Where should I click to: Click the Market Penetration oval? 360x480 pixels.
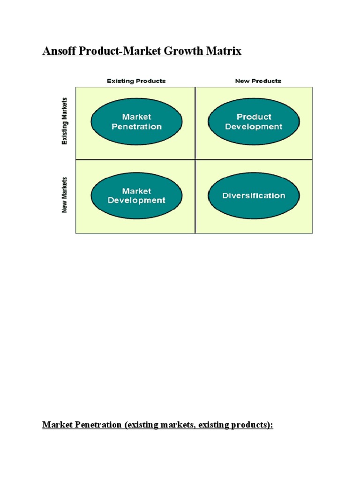point(136,121)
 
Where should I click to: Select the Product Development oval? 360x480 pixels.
point(254,121)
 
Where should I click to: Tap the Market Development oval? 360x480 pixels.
point(136,196)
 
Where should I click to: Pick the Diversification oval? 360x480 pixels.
point(254,196)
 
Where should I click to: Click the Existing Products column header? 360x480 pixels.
point(136,81)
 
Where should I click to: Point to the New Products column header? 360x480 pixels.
point(258,81)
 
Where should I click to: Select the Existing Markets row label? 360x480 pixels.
point(65,121)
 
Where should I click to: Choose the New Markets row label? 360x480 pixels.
point(65,195)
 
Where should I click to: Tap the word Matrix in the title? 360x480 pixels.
point(226,51)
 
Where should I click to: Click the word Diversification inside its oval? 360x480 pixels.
point(254,196)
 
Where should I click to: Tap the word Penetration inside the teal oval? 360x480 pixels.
point(136,127)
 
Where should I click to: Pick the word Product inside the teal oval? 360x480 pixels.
point(254,117)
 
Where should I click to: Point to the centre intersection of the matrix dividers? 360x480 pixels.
point(195,159)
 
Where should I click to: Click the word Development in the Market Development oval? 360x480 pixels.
point(136,201)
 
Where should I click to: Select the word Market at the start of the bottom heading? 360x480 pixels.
point(57,425)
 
